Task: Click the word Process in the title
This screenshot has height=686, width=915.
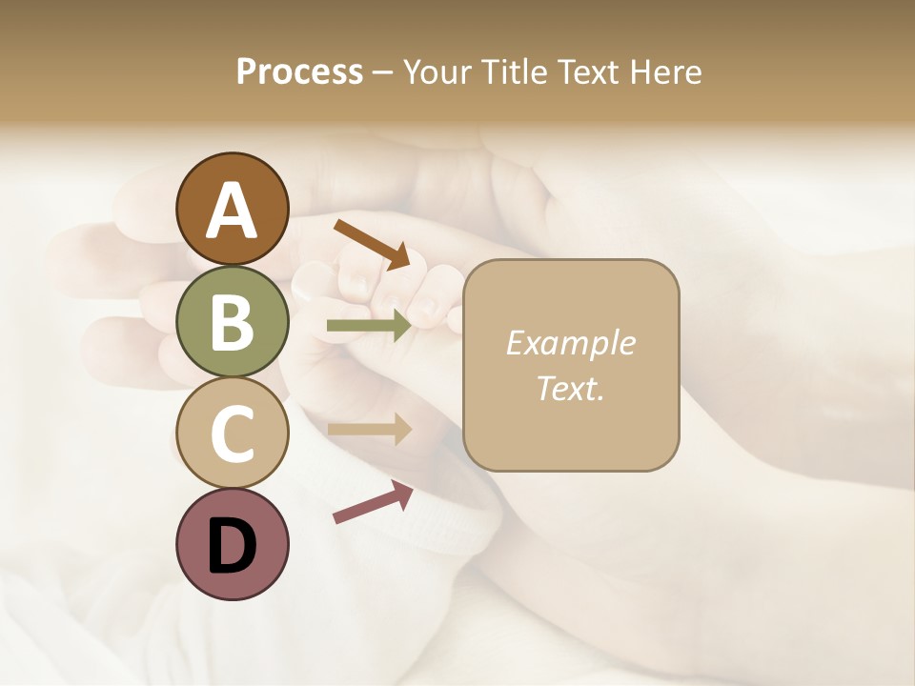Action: [x=299, y=72]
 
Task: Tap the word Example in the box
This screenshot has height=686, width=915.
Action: [x=570, y=343]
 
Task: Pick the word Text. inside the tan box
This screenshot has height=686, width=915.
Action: [x=570, y=388]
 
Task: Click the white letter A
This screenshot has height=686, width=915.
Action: [x=232, y=212]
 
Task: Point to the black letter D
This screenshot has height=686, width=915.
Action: [x=232, y=547]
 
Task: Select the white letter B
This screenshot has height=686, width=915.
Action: [x=232, y=322]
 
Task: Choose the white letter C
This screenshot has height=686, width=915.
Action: [x=232, y=433]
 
